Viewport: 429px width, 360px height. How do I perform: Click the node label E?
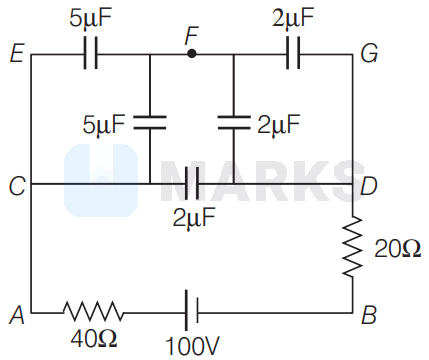coord(17,54)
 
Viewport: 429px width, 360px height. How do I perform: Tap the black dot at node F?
coord(192,53)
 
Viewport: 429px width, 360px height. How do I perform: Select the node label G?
coord(369,53)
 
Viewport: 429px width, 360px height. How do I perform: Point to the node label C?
coord(17,185)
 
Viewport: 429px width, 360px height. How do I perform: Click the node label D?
coord(369,185)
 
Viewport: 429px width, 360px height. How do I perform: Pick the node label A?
coord(17,314)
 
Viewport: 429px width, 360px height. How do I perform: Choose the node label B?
coord(369,314)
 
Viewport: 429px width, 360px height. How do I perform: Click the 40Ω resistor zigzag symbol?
coord(94,312)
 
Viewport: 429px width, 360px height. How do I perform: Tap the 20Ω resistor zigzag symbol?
coord(353,247)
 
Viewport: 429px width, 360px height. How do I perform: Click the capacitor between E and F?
coord(90,53)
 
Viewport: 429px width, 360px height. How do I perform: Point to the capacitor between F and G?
coord(293,53)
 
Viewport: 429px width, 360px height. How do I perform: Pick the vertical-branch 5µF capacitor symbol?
coord(150,122)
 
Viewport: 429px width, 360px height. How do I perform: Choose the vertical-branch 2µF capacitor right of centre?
coord(234,122)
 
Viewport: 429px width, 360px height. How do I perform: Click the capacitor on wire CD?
coord(192,184)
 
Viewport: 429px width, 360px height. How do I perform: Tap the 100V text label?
coord(192,346)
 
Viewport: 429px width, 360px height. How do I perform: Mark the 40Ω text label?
coord(94,338)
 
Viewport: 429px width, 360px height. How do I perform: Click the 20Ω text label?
coord(397,249)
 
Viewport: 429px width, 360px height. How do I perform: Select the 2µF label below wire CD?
coord(194,218)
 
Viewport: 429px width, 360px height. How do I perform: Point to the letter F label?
coord(192,36)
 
